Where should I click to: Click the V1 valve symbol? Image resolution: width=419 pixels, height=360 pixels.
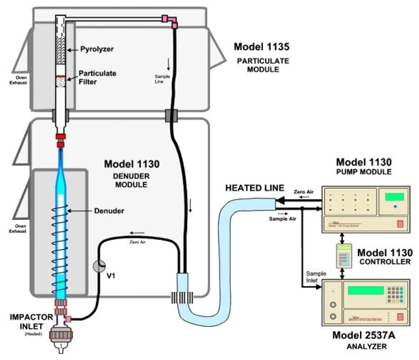point(99,266)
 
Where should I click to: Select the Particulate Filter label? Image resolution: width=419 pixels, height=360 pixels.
point(97,77)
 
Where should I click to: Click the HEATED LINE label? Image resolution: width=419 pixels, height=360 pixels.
point(254,187)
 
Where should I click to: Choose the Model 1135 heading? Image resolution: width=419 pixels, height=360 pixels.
point(262,47)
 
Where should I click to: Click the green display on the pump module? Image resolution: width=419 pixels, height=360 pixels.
point(394,196)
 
